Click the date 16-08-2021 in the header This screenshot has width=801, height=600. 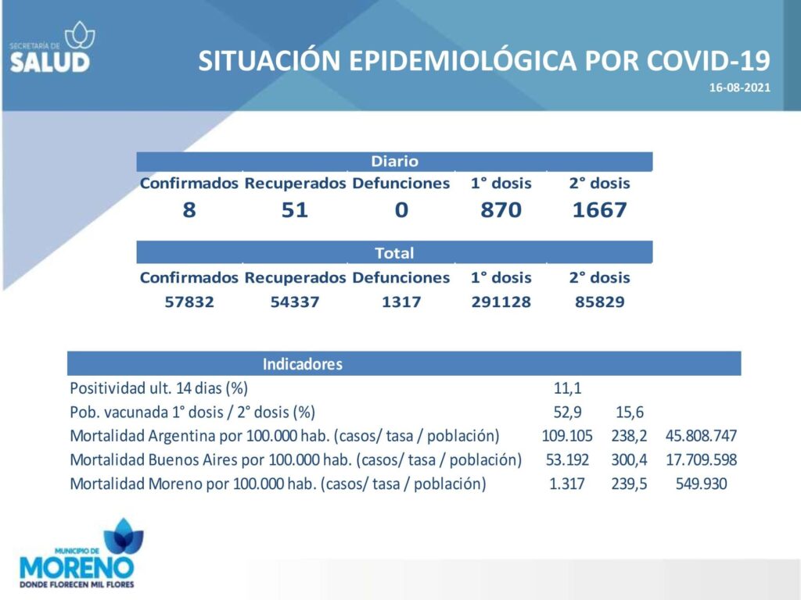pos(739,87)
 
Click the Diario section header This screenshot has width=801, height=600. pos(394,161)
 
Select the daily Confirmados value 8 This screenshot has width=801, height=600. pos(189,209)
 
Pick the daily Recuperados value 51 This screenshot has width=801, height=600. pos(295,209)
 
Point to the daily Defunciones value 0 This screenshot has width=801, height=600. pos(401,209)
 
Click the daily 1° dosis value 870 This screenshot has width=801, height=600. pos(501,209)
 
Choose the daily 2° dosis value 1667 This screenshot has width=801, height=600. pos(599,209)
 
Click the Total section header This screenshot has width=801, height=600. pos(394,253)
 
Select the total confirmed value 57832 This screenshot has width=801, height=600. pos(189,302)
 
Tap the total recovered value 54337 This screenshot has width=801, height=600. pos(295,302)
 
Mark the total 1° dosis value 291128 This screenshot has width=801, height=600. pos(501,302)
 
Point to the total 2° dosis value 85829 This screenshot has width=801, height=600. pos(600,302)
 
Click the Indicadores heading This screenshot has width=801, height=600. pos(303,364)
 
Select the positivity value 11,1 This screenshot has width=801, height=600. pos(568,388)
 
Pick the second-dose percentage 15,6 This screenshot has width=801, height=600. pos(630,412)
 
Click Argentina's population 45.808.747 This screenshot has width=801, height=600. pos(701,436)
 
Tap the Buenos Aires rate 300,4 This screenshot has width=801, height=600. pos(630,459)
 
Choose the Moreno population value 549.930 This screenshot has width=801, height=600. pos(702,484)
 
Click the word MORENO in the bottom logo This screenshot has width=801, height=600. pos(77,567)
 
